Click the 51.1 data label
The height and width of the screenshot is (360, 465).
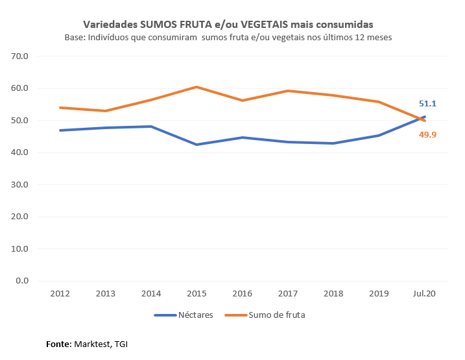427,104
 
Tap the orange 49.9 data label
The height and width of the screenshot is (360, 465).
427,135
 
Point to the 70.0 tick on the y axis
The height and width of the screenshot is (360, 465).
21,56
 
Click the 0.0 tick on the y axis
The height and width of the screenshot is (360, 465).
23,281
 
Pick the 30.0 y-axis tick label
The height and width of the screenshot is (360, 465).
21,185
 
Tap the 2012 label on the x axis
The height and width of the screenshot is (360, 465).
60,294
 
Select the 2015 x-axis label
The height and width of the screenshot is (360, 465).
197,294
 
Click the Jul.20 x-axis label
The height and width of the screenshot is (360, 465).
425,294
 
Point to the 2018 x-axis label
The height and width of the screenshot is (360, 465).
333,294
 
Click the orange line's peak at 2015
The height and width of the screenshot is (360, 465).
197,87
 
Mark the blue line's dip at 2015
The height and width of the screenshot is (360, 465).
197,145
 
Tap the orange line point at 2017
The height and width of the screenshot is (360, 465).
288,91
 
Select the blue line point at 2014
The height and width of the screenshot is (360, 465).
151,126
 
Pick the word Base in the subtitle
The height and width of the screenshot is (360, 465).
75,38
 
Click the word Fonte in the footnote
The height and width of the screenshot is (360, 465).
58,344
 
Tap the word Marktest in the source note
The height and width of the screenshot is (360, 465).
93,344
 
